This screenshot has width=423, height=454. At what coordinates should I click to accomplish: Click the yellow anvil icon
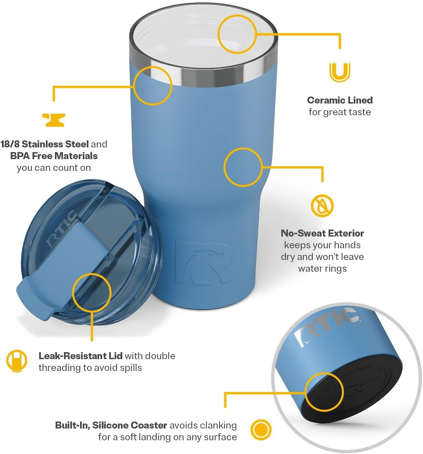(x=54, y=120)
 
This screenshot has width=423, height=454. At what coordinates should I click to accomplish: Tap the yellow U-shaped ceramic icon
(x=340, y=72)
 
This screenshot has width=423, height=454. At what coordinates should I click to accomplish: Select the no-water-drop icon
(x=322, y=206)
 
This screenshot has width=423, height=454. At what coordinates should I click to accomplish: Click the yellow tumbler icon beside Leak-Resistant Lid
(x=16, y=361)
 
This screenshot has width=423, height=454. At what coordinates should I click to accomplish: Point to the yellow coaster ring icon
(x=261, y=430)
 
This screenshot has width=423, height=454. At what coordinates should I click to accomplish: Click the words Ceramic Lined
(x=340, y=100)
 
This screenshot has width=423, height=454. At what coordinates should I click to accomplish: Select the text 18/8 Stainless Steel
(x=45, y=144)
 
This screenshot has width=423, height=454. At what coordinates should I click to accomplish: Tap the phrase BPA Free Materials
(x=54, y=156)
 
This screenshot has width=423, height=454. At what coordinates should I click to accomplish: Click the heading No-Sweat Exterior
(x=322, y=233)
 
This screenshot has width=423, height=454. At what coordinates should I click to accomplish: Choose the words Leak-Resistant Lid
(x=80, y=356)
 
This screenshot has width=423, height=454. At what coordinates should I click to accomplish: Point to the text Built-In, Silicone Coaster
(x=111, y=425)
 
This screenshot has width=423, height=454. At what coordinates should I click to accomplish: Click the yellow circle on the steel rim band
(x=153, y=85)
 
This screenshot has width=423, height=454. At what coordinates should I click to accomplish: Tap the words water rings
(x=322, y=269)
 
